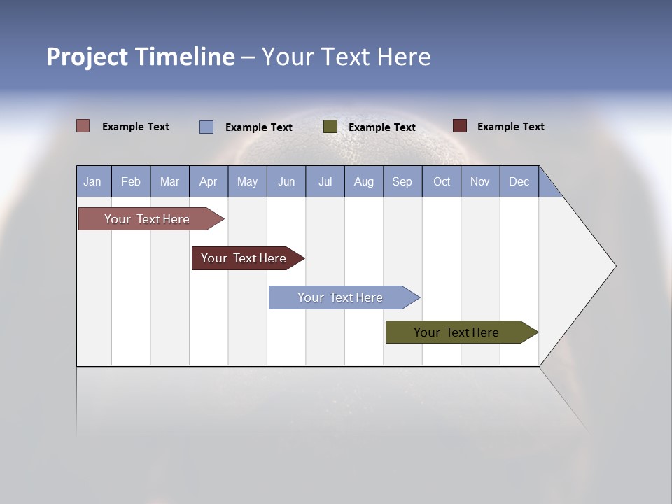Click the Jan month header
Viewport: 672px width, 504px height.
[92, 181]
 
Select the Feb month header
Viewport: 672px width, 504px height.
[131, 181]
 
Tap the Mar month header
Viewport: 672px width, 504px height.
[169, 181]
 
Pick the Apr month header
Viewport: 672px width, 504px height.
[209, 181]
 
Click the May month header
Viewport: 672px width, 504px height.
[247, 181]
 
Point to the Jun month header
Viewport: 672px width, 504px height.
[286, 181]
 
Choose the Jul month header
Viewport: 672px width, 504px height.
[325, 181]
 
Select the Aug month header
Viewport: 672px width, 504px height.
[364, 181]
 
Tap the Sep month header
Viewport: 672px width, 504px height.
[402, 181]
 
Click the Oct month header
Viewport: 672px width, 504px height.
[442, 181]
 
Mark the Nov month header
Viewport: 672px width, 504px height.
[480, 181]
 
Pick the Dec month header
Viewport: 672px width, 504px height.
[519, 181]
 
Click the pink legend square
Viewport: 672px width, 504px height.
[83, 126]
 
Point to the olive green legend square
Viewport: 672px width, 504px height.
[330, 127]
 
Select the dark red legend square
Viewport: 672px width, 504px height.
[460, 126]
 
